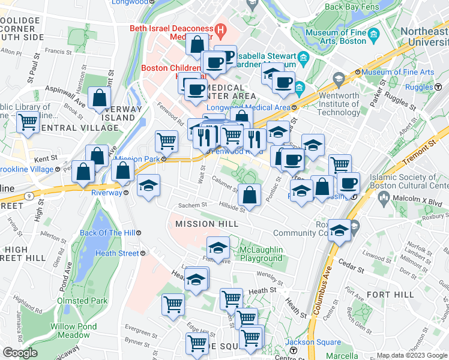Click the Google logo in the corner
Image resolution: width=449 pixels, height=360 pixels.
(20, 353)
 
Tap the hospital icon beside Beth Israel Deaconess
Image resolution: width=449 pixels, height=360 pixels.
(220, 28)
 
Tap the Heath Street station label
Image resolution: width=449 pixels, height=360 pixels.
(118, 253)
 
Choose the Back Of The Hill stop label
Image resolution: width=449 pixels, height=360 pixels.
(107, 232)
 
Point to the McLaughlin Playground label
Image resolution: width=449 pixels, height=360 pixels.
(261, 254)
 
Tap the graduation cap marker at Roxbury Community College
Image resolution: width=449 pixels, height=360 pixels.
(339, 231)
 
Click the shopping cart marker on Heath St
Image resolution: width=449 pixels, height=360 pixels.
(231, 298)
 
